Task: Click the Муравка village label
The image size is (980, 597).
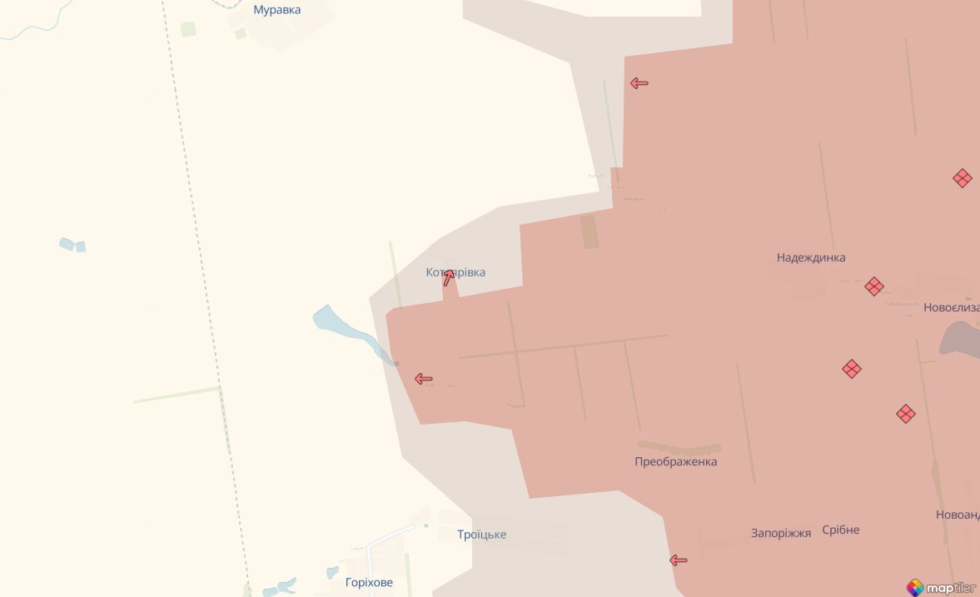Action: pyautogui.click(x=277, y=10)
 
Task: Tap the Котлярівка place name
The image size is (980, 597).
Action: pyautogui.click(x=455, y=272)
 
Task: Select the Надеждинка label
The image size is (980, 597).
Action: pyautogui.click(x=810, y=257)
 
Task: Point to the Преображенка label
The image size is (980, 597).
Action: pyautogui.click(x=675, y=461)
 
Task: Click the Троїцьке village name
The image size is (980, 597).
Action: pyautogui.click(x=481, y=535)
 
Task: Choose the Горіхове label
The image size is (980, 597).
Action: pyautogui.click(x=369, y=582)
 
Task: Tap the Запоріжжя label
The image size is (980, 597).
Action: pyautogui.click(x=780, y=533)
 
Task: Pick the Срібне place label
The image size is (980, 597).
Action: pyautogui.click(x=840, y=530)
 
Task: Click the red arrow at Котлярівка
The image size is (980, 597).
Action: pyautogui.click(x=449, y=277)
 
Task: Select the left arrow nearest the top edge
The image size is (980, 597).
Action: pyautogui.click(x=639, y=83)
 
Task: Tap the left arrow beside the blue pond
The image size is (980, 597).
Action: pyautogui.click(x=423, y=379)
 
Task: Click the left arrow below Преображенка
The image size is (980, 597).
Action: pyautogui.click(x=679, y=560)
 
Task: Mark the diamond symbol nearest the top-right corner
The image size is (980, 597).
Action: pyautogui.click(x=962, y=178)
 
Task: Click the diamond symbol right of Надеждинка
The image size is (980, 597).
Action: pyautogui.click(x=873, y=286)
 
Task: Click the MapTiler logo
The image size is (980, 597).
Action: pyautogui.click(x=941, y=587)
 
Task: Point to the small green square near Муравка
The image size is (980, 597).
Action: pyautogui.click(x=188, y=29)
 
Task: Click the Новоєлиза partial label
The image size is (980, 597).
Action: pyautogui.click(x=951, y=307)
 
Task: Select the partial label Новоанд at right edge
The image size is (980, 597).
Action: pyautogui.click(x=957, y=515)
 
